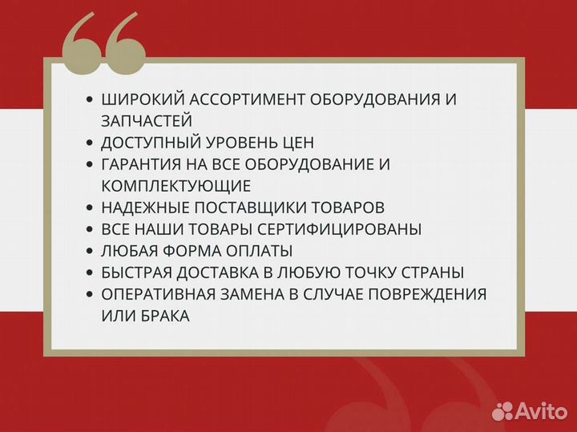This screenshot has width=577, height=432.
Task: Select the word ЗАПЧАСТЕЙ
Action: (x=147, y=121)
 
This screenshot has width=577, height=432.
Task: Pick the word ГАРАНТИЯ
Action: (x=143, y=164)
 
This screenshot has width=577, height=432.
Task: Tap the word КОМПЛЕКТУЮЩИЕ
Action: (x=176, y=186)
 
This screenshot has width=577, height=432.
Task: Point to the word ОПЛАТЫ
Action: (x=258, y=251)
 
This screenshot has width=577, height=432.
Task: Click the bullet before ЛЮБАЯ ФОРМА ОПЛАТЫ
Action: (x=90, y=252)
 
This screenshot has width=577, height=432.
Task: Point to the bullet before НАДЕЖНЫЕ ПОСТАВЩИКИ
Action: (x=90, y=208)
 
